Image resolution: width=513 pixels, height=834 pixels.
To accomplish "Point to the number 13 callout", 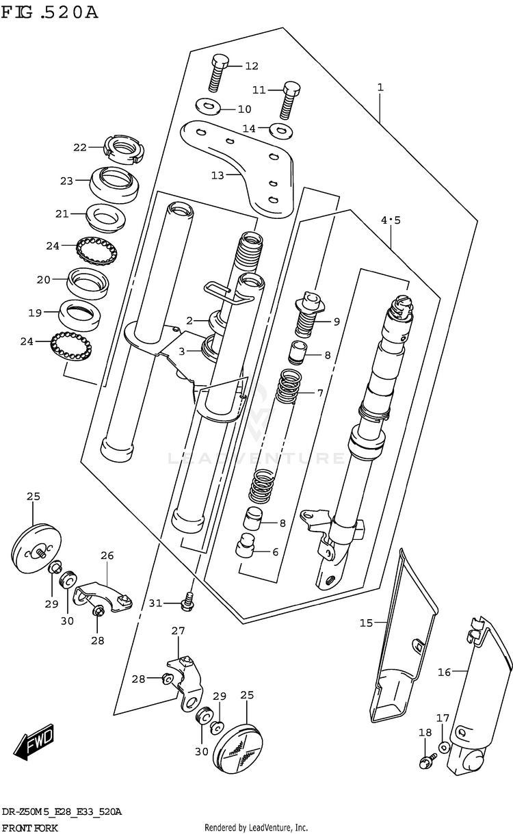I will pyautogui.click(x=218, y=175).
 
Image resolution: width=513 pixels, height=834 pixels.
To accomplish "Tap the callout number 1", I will pyautogui.click(x=380, y=88).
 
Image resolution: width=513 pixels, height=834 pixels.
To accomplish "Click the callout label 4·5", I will pyautogui.click(x=391, y=220).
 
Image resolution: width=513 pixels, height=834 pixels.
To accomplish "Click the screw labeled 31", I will pyautogui.click(x=187, y=601).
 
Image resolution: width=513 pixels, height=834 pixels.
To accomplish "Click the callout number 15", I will pyautogui.click(x=367, y=623).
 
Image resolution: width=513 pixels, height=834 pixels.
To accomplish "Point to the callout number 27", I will pyautogui.click(x=178, y=631).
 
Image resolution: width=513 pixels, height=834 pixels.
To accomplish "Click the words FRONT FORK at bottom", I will pyautogui.click(x=29, y=827).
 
